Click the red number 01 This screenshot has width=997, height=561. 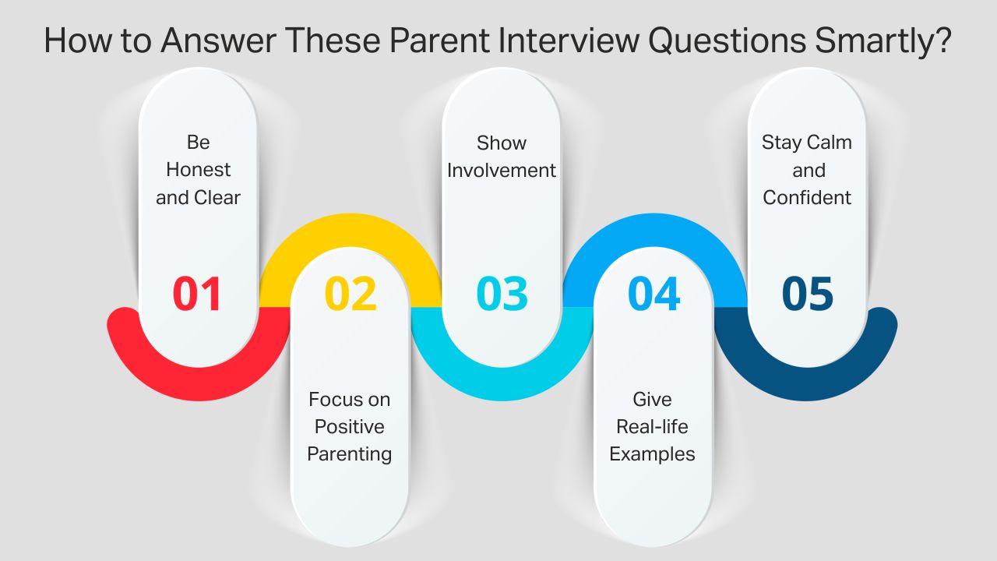(x=198, y=295)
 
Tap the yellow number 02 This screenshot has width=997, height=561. (x=351, y=295)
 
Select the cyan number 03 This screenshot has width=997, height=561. (x=502, y=295)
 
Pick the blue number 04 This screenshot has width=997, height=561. (x=654, y=295)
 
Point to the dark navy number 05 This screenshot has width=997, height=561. (x=808, y=295)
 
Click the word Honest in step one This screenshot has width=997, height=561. (x=199, y=170)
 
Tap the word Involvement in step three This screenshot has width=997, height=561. (x=502, y=170)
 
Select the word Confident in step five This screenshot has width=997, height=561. (x=807, y=198)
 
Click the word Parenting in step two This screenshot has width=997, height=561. (x=349, y=454)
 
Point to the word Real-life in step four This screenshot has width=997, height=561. (x=652, y=427)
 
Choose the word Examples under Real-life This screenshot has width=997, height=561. (x=652, y=454)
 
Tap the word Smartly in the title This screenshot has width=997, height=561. (x=882, y=41)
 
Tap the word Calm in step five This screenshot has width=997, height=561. (x=827, y=143)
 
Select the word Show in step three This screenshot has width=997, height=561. (x=502, y=143)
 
